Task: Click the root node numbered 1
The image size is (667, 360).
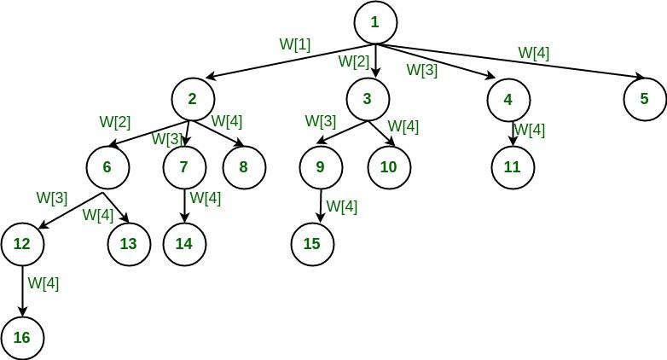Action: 375,23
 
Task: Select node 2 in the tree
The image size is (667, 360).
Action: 193,99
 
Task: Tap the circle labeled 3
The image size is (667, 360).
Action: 367,99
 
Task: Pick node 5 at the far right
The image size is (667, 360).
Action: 645,99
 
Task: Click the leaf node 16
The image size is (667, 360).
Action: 22,338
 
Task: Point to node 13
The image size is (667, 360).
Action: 128,244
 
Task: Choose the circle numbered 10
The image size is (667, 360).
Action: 389,167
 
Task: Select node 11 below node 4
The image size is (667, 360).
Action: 512,167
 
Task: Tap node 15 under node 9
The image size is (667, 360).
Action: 312,244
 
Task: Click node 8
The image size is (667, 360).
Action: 244,167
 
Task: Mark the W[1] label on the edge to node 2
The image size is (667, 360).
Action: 295,43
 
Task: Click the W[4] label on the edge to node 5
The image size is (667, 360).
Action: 534,53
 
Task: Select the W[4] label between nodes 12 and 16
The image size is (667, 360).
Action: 43,283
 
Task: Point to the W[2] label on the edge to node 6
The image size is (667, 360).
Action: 115,122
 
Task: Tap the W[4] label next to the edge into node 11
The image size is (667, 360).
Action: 531,131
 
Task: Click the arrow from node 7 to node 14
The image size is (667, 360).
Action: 184,205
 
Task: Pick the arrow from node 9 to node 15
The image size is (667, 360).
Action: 321,205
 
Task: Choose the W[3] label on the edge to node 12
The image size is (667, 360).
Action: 52,197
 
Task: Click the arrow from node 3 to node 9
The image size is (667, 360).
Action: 342,133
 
